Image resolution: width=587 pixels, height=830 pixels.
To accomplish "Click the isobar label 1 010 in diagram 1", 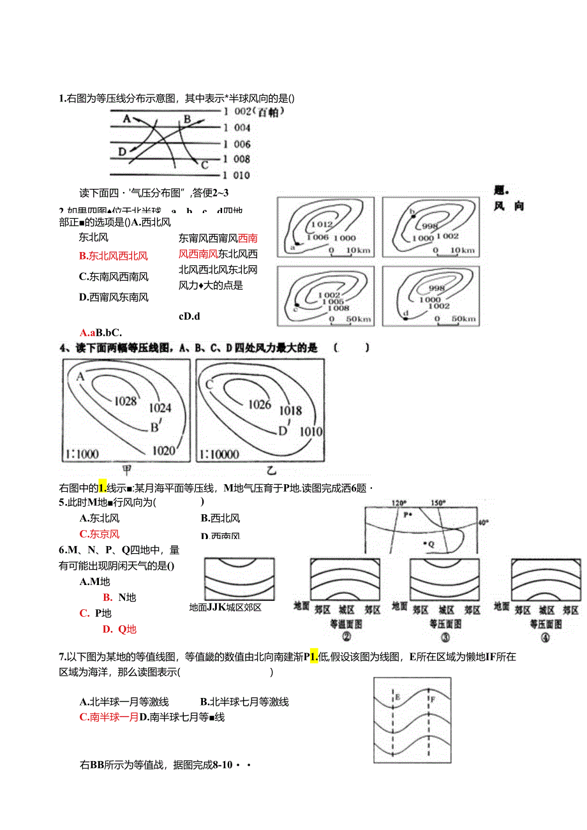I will [237, 175].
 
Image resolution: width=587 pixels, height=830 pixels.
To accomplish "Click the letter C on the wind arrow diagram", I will [205, 165].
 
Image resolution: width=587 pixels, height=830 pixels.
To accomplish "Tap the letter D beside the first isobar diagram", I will [123, 152].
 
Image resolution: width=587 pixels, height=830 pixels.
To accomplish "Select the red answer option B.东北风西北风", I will [114, 256].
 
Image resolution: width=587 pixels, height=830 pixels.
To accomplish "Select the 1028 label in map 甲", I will [126, 401].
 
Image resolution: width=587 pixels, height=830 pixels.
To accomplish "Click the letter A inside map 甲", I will [80, 376].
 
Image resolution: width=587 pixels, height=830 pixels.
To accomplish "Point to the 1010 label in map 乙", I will [311, 431].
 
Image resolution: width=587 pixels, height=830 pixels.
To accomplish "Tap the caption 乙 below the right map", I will [272, 471].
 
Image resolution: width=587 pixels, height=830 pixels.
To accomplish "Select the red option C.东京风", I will [100, 534].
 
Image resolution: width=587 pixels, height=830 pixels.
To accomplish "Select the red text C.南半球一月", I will [109, 717].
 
